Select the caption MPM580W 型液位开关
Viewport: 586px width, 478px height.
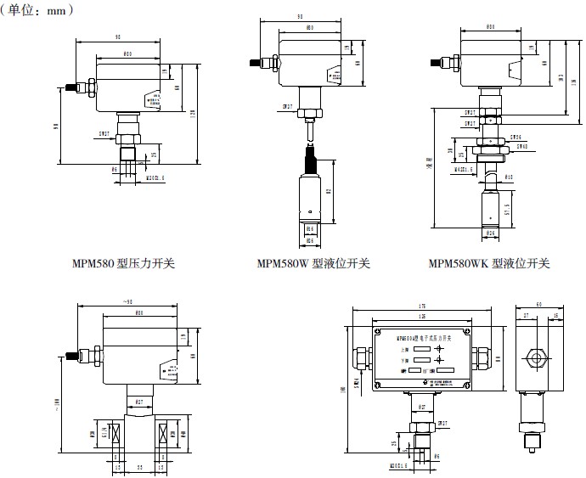(314, 263)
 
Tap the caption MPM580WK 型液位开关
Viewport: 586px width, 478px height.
(489, 263)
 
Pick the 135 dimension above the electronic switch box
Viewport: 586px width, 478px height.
(421, 314)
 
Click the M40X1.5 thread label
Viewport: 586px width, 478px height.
(465, 167)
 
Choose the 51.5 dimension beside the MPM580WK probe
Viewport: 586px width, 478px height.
(507, 209)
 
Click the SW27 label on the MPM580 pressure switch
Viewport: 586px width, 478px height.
(104, 133)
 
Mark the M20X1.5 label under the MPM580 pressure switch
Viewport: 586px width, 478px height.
(156, 178)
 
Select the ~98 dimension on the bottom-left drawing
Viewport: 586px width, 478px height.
(128, 302)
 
